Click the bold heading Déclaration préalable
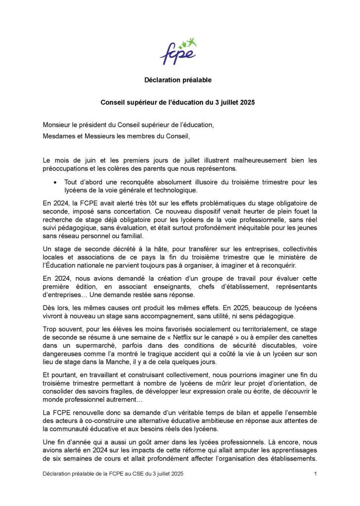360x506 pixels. pos(178,80)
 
